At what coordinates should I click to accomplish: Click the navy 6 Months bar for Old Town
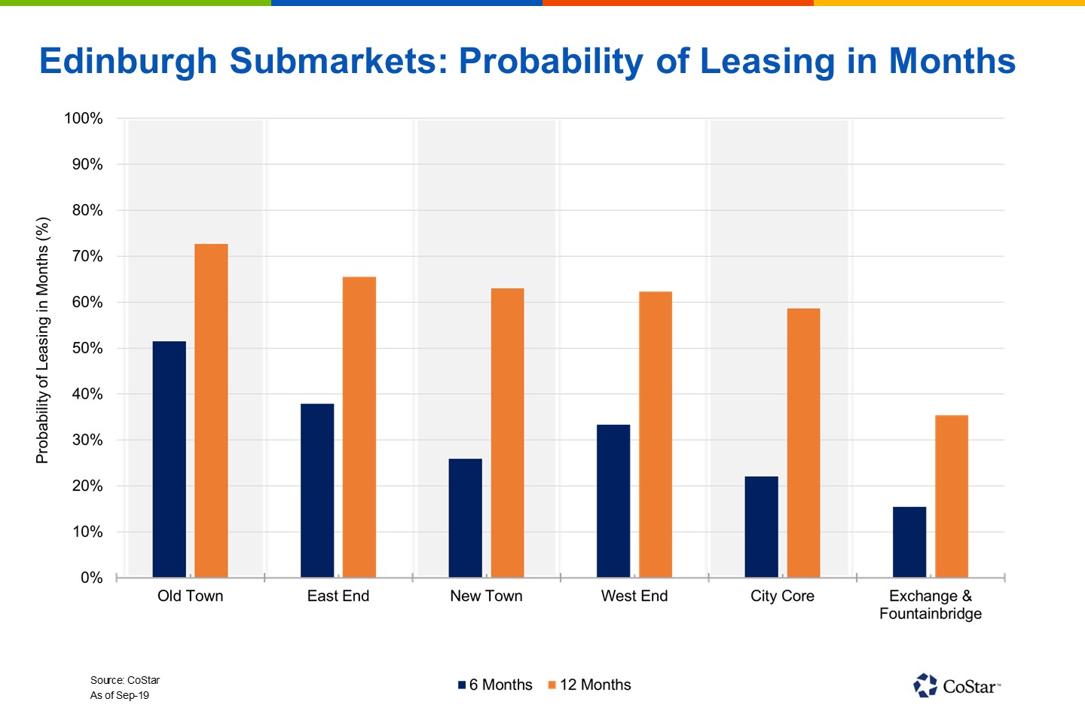tap(169, 459)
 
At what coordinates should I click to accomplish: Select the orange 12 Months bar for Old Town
tap(211, 410)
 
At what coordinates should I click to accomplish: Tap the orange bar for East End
tap(359, 427)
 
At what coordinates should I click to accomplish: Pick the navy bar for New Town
tap(465, 518)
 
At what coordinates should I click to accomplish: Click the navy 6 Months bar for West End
tap(613, 501)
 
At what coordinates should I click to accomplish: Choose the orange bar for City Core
tap(803, 443)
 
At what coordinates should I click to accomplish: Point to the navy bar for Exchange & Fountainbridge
tap(909, 542)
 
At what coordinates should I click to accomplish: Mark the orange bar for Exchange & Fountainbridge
tap(952, 496)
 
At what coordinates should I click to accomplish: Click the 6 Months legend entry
tap(495, 685)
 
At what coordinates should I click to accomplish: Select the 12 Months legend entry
tap(589, 685)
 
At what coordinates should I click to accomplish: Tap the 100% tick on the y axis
tap(84, 118)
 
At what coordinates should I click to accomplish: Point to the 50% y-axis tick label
tap(87, 348)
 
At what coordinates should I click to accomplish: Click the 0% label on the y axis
tap(91, 578)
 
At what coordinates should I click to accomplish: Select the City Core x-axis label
tap(782, 596)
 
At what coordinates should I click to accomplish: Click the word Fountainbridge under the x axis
tap(931, 614)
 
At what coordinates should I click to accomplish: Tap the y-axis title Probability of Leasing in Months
tap(42, 340)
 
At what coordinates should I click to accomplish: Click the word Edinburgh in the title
tap(128, 61)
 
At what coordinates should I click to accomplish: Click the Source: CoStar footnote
tap(125, 680)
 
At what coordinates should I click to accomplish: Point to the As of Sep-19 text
tap(120, 695)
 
